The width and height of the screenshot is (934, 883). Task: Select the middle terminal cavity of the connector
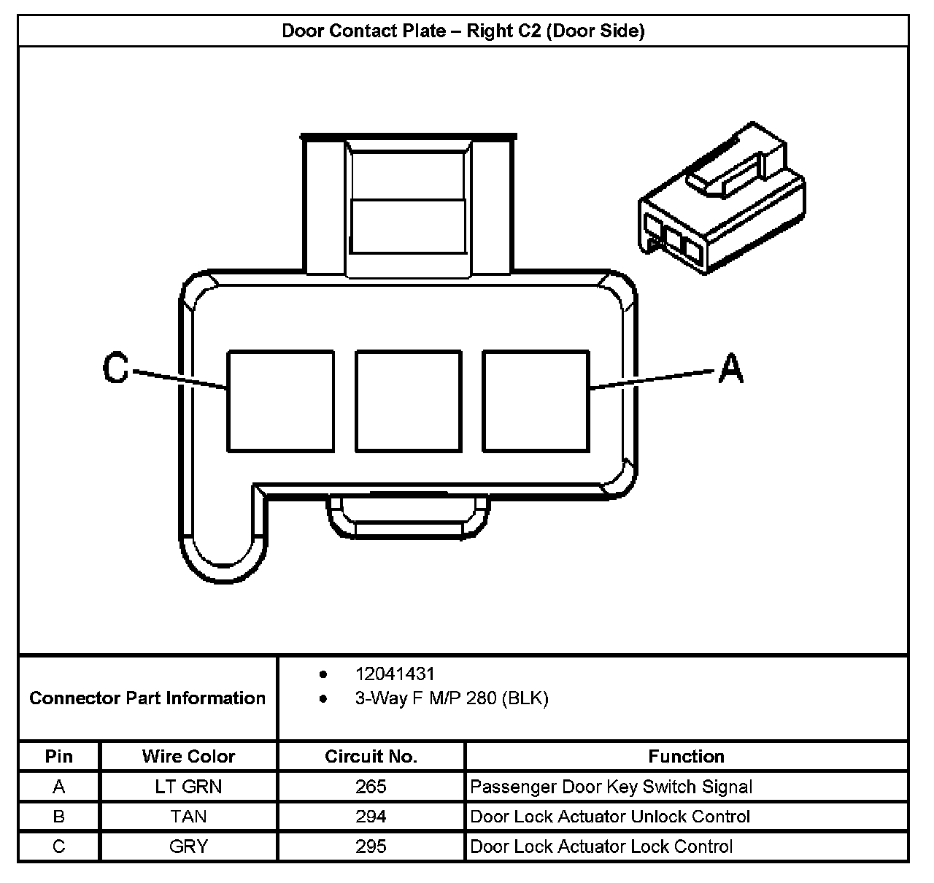[408, 401]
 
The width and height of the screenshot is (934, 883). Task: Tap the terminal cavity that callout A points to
[536, 401]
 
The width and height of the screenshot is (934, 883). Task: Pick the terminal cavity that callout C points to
[280, 401]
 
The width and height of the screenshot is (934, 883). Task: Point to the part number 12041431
[395, 674]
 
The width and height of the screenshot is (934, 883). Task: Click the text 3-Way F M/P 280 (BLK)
[452, 698]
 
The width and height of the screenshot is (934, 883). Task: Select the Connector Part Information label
[147, 698]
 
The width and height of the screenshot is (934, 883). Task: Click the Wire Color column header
[188, 757]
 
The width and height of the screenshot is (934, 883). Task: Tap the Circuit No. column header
[371, 757]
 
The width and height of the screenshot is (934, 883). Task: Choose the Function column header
[686, 757]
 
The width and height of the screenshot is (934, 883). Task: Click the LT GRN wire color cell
[188, 787]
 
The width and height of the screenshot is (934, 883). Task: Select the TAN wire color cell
[188, 817]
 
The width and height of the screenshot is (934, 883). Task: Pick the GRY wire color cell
[188, 847]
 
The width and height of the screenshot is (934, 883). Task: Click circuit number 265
[371, 787]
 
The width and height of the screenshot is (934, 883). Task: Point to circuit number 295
[371, 847]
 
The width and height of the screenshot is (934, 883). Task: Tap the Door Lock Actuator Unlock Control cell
[610, 817]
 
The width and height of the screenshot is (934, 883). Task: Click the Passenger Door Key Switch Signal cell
[611, 787]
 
